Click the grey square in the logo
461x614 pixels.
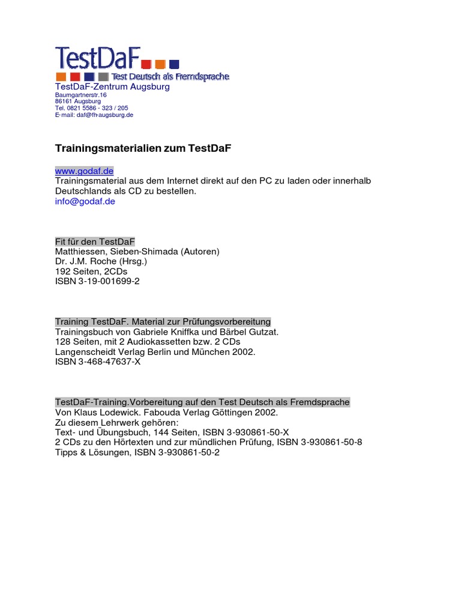point(103,77)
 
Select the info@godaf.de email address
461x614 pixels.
point(85,201)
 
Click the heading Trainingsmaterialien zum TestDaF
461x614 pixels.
point(143,147)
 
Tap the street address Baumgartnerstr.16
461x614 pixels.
point(81,95)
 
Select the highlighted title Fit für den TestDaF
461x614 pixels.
point(95,241)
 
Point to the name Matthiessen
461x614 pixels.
point(79,251)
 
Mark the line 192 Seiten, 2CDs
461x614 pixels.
point(91,271)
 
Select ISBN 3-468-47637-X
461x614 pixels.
point(98,362)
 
